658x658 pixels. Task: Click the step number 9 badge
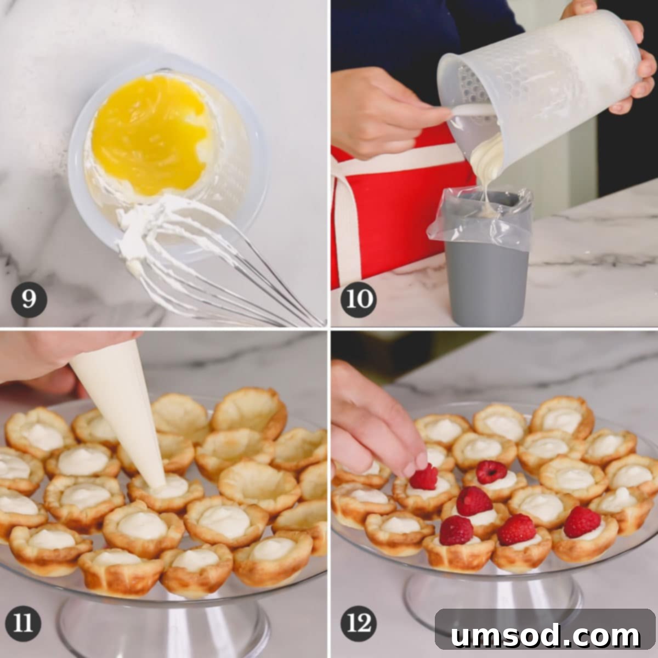pyautogui.click(x=29, y=299)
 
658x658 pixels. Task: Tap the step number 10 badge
pyautogui.click(x=359, y=299)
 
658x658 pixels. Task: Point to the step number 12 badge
pyautogui.click(x=359, y=623)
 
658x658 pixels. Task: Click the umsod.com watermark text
pyautogui.click(x=545, y=636)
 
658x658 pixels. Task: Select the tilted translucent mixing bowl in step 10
pyautogui.click(x=543, y=82)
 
